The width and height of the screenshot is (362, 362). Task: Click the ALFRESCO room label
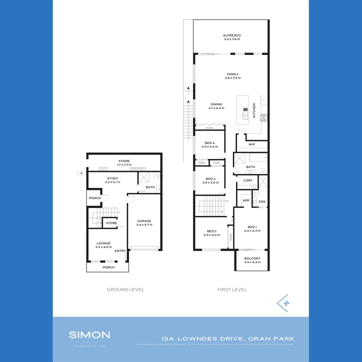pyautogui.click(x=232, y=37)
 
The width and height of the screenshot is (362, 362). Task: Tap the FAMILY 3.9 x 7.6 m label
pyautogui.click(x=233, y=76)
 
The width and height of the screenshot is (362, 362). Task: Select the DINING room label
pyautogui.click(x=216, y=106)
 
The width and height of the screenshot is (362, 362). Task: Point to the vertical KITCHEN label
pyautogui.click(x=254, y=110)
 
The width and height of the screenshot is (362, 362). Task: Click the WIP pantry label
pyautogui.click(x=252, y=144)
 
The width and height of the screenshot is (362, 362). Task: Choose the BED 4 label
pyautogui.click(x=209, y=145)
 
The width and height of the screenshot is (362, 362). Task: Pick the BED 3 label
pyautogui.click(x=210, y=181)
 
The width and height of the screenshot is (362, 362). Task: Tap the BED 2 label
pyautogui.click(x=212, y=233)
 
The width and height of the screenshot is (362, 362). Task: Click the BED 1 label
pyautogui.click(x=252, y=229)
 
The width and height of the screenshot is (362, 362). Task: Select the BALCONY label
pyautogui.click(x=252, y=260)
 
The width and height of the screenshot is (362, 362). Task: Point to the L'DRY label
pyautogui.click(x=248, y=180)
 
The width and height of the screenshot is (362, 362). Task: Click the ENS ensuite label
pyautogui.click(x=262, y=201)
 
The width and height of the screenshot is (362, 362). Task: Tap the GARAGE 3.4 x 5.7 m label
pyautogui.click(x=144, y=223)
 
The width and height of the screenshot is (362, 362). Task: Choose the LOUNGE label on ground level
pyautogui.click(x=104, y=245)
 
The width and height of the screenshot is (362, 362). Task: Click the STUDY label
pyautogui.click(x=112, y=180)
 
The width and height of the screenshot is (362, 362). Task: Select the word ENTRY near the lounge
pyautogui.click(x=120, y=251)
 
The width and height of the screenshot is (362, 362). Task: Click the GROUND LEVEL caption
pyautogui.click(x=125, y=289)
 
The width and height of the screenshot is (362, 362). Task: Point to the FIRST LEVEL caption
pyautogui.click(x=232, y=289)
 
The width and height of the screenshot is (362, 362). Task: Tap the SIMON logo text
pyautogui.click(x=89, y=335)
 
